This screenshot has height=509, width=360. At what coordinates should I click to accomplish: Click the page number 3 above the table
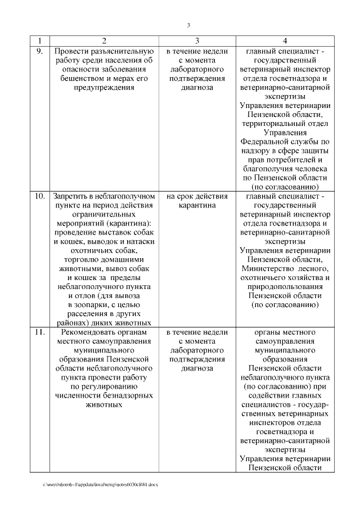tap(188, 25)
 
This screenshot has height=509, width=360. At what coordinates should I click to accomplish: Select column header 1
tap(39, 41)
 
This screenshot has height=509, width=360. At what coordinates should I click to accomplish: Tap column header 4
tap(285, 41)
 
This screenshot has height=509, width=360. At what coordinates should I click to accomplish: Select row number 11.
tap(39, 332)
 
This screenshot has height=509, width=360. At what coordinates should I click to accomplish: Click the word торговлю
tap(79, 260)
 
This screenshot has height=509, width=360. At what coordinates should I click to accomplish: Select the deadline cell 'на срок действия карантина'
tap(197, 201)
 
